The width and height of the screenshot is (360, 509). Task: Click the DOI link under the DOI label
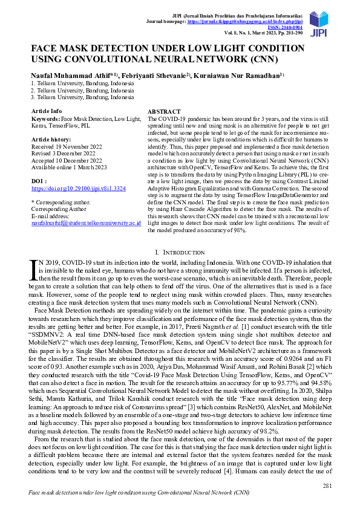(x=78, y=189)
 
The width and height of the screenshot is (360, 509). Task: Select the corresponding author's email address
(x=86, y=222)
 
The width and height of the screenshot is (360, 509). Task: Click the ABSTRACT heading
(x=164, y=112)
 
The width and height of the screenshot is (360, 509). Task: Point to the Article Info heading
(x=47, y=111)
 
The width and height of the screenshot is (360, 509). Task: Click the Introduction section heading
(x=180, y=251)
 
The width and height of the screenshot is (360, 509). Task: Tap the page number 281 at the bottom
(x=327, y=486)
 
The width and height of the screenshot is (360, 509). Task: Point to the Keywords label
(x=45, y=120)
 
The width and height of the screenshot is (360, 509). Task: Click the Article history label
(x=52, y=139)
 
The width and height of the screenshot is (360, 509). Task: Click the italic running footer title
(x=139, y=493)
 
